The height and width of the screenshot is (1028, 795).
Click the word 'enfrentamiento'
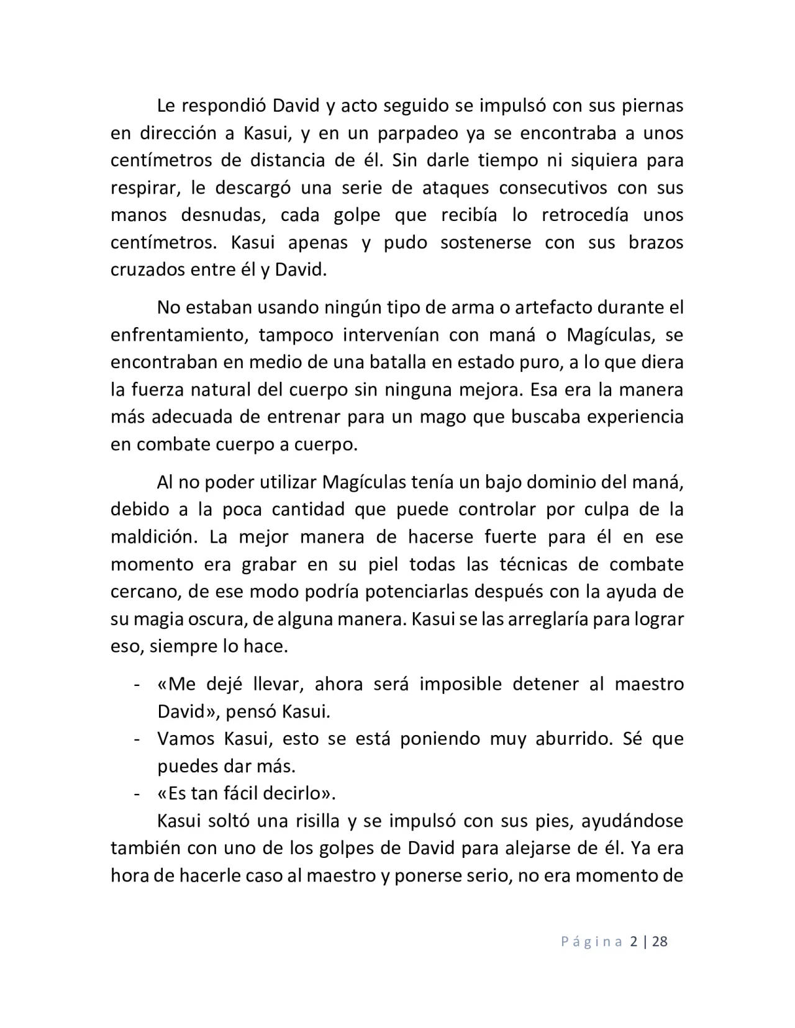tap(179, 335)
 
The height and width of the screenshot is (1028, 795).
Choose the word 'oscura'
tap(211, 619)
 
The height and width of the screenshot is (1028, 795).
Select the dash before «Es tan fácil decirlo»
tap(136, 794)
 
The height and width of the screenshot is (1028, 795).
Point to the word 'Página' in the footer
tap(592, 942)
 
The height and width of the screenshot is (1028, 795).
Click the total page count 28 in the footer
tap(660, 942)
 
